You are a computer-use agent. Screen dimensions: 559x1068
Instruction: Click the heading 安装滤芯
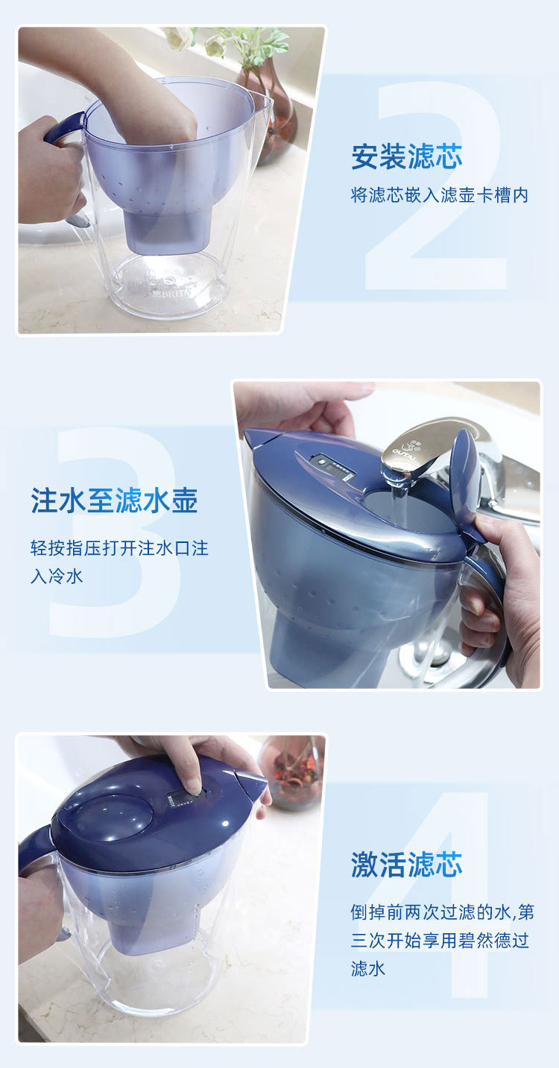407,156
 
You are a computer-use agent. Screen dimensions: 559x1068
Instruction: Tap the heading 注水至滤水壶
114,500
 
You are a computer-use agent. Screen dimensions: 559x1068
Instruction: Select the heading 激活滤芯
407,865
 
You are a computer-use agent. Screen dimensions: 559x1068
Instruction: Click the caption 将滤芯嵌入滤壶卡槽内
439,195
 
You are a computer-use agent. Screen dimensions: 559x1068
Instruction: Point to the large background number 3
115,532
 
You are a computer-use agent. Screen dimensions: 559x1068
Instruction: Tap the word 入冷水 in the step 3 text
57,576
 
